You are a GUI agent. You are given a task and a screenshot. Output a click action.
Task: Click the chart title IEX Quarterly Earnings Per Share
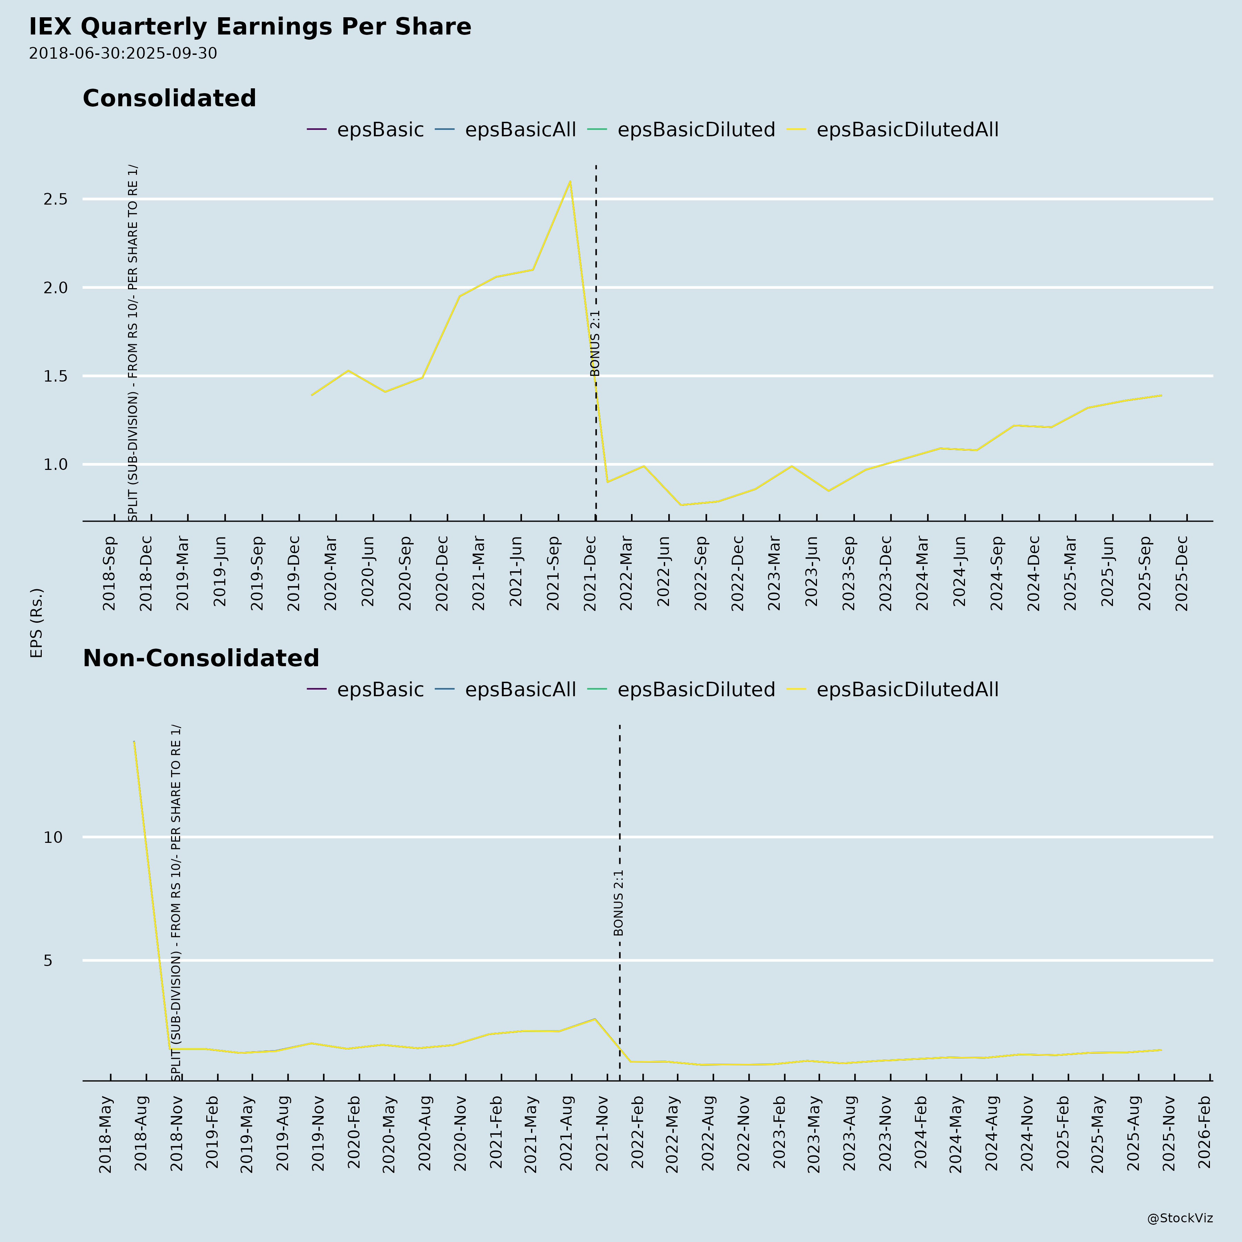(250, 27)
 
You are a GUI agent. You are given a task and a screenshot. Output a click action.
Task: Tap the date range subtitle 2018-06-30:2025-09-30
(123, 53)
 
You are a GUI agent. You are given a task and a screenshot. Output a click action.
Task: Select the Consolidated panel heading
(169, 98)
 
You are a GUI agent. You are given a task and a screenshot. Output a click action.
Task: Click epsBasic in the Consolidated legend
(380, 130)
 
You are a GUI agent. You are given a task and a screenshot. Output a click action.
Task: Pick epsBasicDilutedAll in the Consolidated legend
(907, 130)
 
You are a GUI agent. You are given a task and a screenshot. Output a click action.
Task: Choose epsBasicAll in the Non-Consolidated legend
(520, 690)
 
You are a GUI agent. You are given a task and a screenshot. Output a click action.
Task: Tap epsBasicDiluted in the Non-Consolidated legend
(696, 690)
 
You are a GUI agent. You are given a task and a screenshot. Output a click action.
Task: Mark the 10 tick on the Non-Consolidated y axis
(53, 837)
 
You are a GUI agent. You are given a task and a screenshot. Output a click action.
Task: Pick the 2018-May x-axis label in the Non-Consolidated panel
(106, 1134)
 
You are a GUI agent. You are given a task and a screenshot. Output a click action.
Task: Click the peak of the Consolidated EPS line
(570, 182)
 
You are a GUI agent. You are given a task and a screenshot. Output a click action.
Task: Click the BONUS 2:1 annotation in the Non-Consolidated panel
(619, 903)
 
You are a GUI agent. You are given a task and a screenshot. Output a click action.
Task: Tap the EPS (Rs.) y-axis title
(37, 622)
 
